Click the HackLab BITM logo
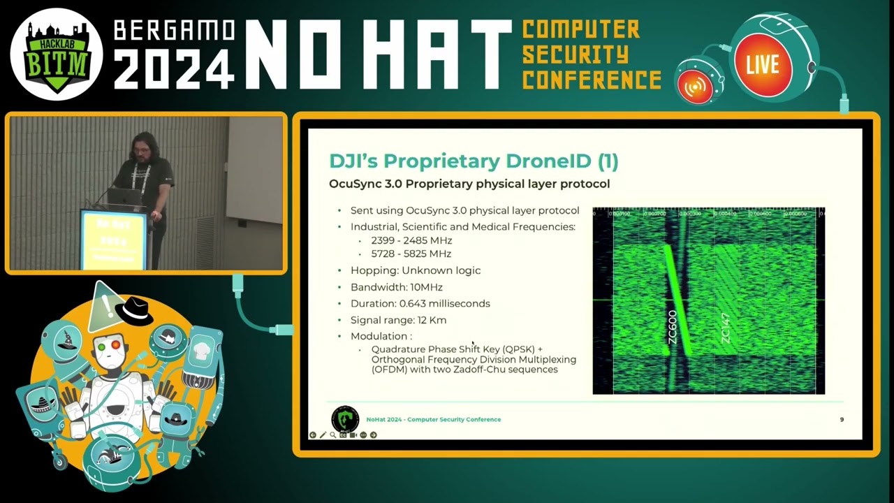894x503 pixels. click(x=57, y=54)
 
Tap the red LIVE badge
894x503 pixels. click(x=762, y=65)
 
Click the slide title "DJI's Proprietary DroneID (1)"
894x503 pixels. click(x=474, y=161)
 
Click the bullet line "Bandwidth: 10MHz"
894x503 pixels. click(x=396, y=287)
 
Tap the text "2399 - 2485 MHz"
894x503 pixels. click(x=411, y=240)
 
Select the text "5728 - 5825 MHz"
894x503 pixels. click(x=411, y=254)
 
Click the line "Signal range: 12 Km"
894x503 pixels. click(x=398, y=320)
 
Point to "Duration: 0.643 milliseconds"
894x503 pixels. click(x=420, y=304)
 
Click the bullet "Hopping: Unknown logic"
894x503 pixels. click(x=415, y=270)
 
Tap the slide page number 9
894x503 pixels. click(x=842, y=419)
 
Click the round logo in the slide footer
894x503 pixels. click(x=345, y=419)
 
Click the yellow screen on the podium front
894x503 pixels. click(x=113, y=239)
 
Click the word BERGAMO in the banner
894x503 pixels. click(x=174, y=30)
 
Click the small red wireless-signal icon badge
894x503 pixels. click(x=696, y=86)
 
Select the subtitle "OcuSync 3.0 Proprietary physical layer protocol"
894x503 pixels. click(x=469, y=184)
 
